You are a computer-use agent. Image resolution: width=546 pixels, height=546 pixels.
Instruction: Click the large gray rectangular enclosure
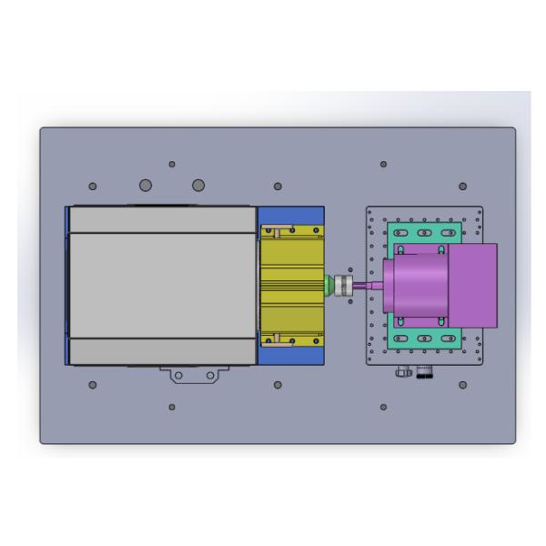click(162, 285)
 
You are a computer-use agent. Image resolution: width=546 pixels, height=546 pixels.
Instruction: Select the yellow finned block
click(291, 285)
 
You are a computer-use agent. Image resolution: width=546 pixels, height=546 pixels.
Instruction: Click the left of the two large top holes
click(146, 186)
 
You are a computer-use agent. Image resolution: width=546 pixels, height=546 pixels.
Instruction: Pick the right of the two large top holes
click(197, 186)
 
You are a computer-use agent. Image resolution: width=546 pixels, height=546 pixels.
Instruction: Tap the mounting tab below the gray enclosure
click(192, 374)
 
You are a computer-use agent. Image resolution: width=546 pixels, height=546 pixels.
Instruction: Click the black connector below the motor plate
click(423, 372)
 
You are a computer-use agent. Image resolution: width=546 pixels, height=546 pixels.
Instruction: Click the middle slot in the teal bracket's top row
click(424, 233)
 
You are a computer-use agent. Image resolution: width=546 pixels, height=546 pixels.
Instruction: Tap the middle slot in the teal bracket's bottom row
click(424, 339)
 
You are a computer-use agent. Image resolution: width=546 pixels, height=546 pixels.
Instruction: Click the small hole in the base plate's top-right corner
click(462, 187)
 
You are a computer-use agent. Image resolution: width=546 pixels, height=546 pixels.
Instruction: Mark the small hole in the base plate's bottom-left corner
click(93, 385)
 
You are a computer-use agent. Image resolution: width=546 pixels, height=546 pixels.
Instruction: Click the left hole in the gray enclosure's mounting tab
click(178, 375)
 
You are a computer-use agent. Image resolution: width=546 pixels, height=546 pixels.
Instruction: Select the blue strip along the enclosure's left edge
click(67, 285)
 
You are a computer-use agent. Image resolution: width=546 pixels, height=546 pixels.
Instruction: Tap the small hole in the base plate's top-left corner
click(93, 187)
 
